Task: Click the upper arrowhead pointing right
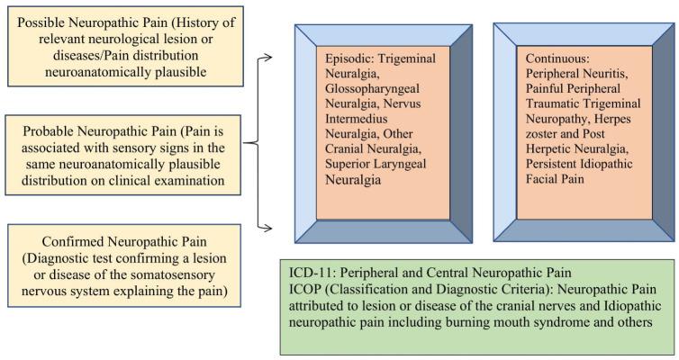pyautogui.click(x=268, y=58)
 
